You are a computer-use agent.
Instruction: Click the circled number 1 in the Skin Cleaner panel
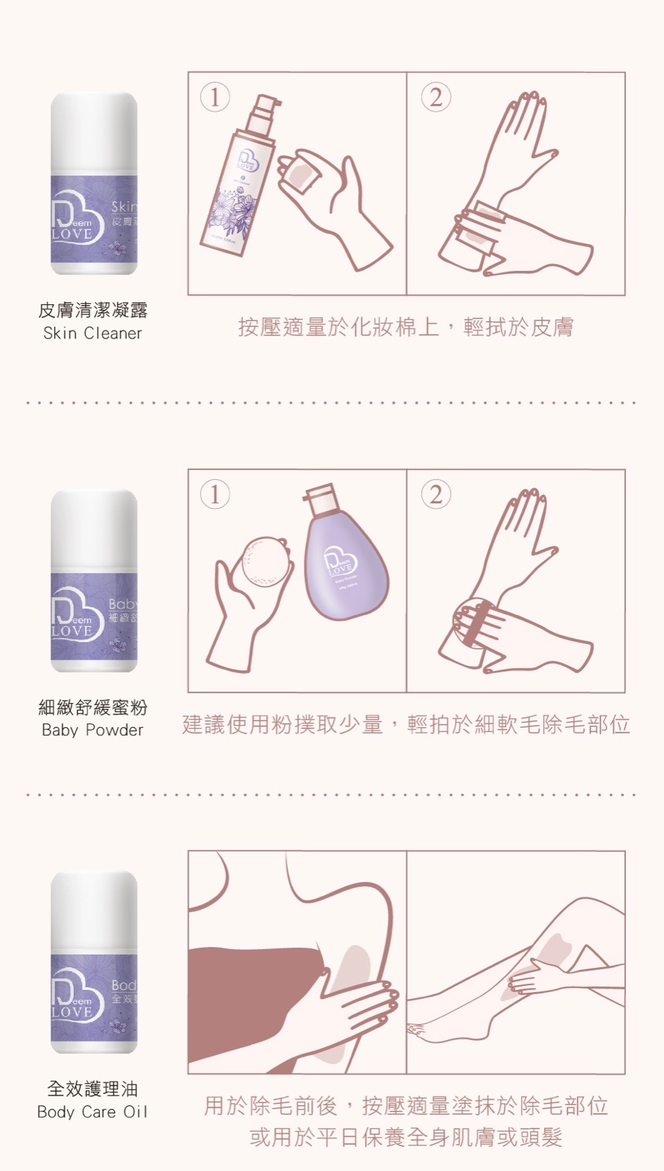214,98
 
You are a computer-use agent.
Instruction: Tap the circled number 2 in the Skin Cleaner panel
436,98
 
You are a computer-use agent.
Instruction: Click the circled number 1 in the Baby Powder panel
214,495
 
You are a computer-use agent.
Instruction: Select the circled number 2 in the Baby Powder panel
436,495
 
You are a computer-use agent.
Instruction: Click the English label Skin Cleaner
92,333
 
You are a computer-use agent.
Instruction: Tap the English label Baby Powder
92,730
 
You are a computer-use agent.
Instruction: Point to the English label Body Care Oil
92,1112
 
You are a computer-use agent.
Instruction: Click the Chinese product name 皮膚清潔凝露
92,310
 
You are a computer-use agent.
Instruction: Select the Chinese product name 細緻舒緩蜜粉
92,707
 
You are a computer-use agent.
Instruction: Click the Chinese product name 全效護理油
92,1088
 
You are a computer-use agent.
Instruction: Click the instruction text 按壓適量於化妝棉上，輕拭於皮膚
406,327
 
